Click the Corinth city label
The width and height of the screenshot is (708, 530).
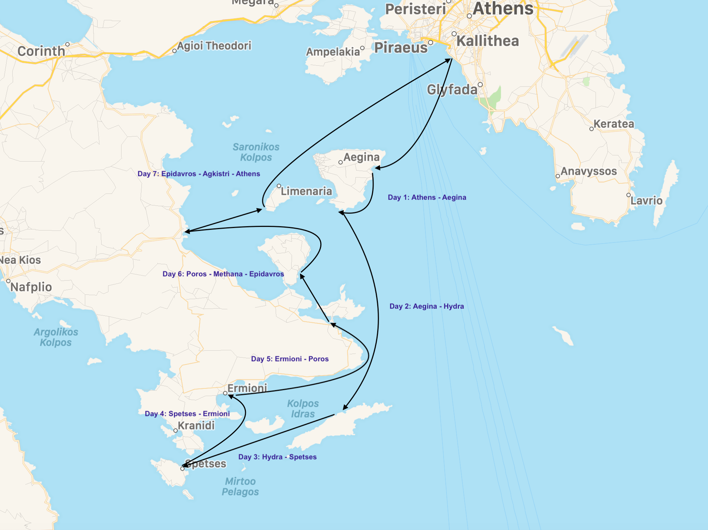(41, 51)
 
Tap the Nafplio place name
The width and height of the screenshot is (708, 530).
(31, 287)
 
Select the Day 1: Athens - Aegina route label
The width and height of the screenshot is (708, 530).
(427, 197)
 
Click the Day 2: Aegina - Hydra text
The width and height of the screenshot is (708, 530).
(427, 306)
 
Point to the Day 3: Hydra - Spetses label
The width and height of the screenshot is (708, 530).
(277, 457)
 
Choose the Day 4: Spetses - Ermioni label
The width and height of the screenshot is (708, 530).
(187, 414)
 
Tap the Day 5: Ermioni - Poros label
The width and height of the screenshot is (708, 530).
(290, 359)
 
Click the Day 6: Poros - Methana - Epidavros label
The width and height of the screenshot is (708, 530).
(223, 274)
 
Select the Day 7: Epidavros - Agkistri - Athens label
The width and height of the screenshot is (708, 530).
(199, 174)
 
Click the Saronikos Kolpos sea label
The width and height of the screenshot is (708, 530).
(256, 152)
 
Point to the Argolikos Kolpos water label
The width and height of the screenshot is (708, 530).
(56, 337)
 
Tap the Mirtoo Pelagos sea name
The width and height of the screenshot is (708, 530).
(240, 486)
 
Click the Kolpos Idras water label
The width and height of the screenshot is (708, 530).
(303, 409)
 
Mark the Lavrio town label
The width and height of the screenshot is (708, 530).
(646, 201)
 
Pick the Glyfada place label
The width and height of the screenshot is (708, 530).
(452, 90)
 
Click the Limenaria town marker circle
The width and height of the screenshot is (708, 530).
(279, 186)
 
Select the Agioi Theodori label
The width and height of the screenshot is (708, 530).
(214, 46)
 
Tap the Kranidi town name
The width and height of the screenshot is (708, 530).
(196, 425)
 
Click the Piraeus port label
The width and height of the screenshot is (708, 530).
(401, 48)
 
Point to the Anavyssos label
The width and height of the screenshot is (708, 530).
(589, 171)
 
